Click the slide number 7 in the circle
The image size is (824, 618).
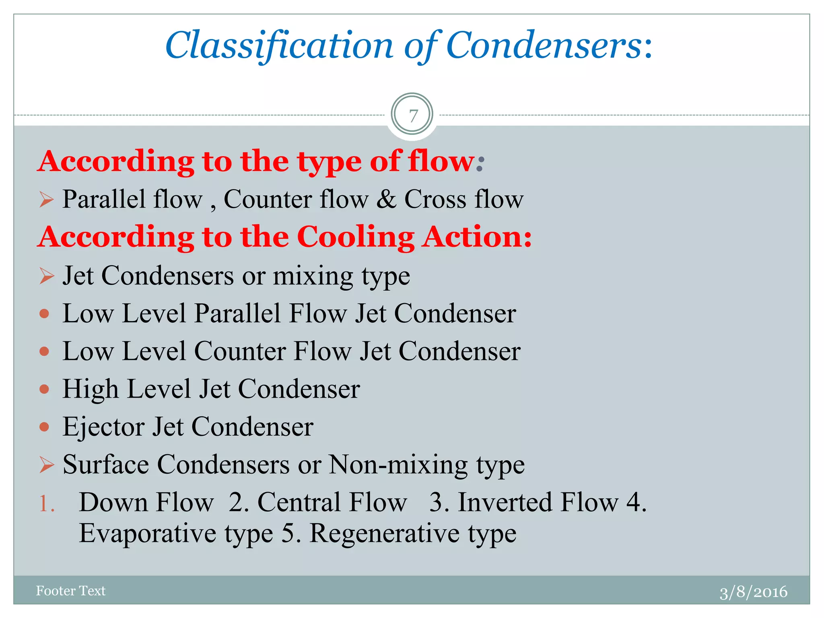[412, 116]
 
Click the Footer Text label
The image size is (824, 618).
[71, 591]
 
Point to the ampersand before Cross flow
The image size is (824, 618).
[386, 199]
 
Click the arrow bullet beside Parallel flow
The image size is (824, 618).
[47, 200]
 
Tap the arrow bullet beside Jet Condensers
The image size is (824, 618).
[47, 276]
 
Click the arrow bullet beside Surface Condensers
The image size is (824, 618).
[47, 465]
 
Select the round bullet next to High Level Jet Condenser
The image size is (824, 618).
[44, 389]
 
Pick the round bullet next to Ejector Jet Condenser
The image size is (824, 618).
[44, 426]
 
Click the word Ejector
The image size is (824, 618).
[103, 427]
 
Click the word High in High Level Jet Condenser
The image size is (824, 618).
[91, 389]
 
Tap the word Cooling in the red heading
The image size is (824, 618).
[356, 237]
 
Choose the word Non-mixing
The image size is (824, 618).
[398, 465]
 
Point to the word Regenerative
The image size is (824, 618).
[384, 534]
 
